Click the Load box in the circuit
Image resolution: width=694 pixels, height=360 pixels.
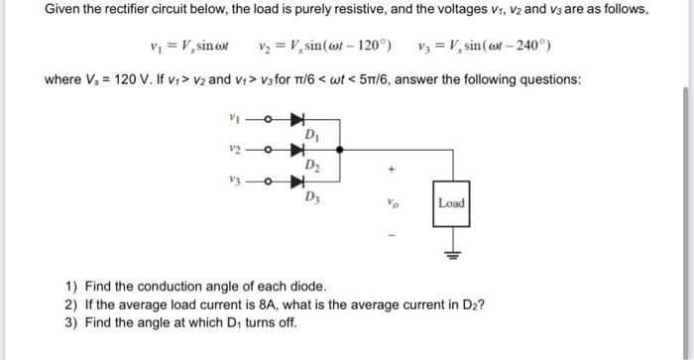(451, 203)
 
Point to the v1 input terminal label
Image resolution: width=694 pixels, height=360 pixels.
(234, 119)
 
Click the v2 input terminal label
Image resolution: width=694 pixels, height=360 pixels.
(234, 150)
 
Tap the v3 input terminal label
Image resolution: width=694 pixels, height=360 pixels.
(234, 180)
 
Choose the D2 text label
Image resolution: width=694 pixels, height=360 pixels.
(312, 165)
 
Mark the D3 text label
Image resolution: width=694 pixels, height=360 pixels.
(312, 196)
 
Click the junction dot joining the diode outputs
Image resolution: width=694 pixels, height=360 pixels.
(340, 151)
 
